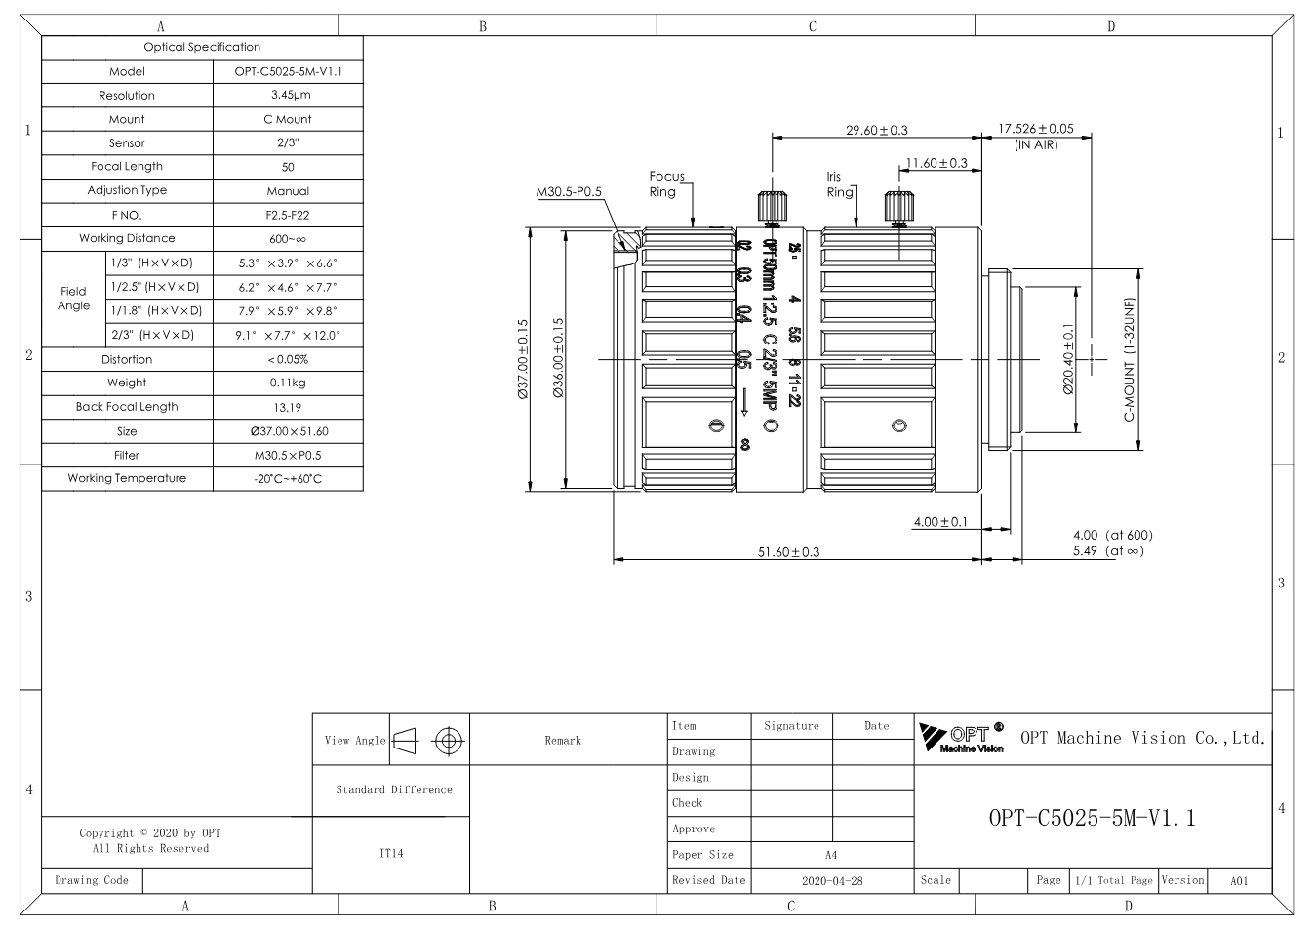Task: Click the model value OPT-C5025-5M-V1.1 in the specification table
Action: click(x=288, y=71)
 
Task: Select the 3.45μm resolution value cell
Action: click(x=288, y=95)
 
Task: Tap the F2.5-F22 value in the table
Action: click(x=288, y=215)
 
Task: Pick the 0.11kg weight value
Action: click(x=288, y=383)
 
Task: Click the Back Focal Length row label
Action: click(x=127, y=407)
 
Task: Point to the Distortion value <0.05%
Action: click(x=288, y=359)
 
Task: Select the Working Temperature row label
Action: click(x=127, y=478)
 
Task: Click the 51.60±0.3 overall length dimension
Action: click(x=788, y=552)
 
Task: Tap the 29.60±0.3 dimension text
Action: click(x=876, y=130)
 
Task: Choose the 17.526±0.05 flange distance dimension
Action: click(x=1036, y=129)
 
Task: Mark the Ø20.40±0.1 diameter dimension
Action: click(x=1068, y=359)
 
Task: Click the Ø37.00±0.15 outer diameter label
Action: click(x=523, y=359)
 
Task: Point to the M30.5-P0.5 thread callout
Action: click(x=569, y=192)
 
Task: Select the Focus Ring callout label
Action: click(x=666, y=183)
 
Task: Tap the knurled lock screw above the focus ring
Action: click(x=772, y=207)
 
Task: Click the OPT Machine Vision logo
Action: click(x=962, y=738)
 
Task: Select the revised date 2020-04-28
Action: click(x=832, y=880)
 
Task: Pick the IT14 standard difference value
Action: click(x=391, y=853)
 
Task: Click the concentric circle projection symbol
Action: click(x=449, y=741)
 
